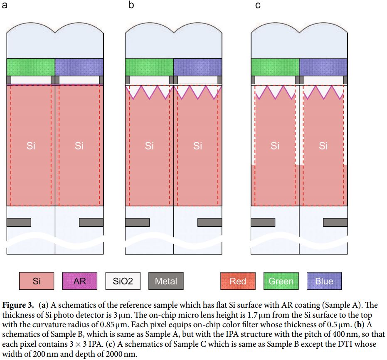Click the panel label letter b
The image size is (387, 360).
coord(131,6)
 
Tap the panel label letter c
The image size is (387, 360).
coord(258,6)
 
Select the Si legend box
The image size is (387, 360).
coord(37,281)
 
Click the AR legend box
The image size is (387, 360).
coord(79,281)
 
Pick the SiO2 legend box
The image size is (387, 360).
coord(123,281)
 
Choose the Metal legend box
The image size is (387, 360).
coord(166,281)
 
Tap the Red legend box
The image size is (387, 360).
coord(238,281)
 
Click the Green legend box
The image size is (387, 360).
coord(281,281)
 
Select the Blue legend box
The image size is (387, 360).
coord(324,281)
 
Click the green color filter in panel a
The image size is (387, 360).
coord(31,67)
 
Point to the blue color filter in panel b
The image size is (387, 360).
coord(197,67)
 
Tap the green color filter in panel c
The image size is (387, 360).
coord(275,67)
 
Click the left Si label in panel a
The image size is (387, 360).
coord(31,146)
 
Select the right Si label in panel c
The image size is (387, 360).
coord(323,146)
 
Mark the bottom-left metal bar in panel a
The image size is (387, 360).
coord(19,222)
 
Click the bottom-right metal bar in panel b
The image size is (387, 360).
coord(210,222)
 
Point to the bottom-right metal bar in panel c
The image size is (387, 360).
coord(335,222)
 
